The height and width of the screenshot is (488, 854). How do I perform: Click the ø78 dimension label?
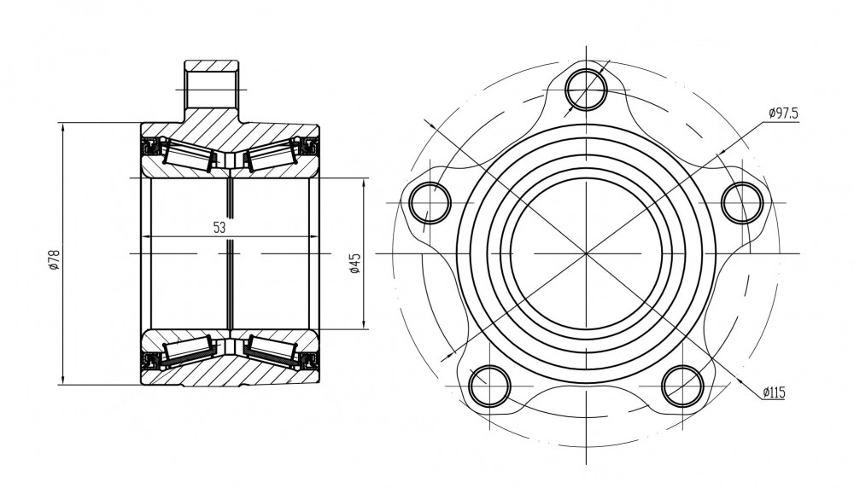coord(53,260)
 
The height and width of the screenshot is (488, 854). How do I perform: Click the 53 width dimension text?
coord(219,228)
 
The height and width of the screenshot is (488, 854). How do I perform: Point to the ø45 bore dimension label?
coord(355,263)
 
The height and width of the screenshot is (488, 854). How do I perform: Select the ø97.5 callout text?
coord(783,113)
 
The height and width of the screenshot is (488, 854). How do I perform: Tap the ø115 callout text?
coord(774,392)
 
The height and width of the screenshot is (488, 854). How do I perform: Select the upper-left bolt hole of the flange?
coord(430,202)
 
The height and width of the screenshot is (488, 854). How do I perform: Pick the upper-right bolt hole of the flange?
coord(742,202)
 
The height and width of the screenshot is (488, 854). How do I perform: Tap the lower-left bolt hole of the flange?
coord(490,386)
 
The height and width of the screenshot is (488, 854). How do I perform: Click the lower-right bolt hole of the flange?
coord(683,386)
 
